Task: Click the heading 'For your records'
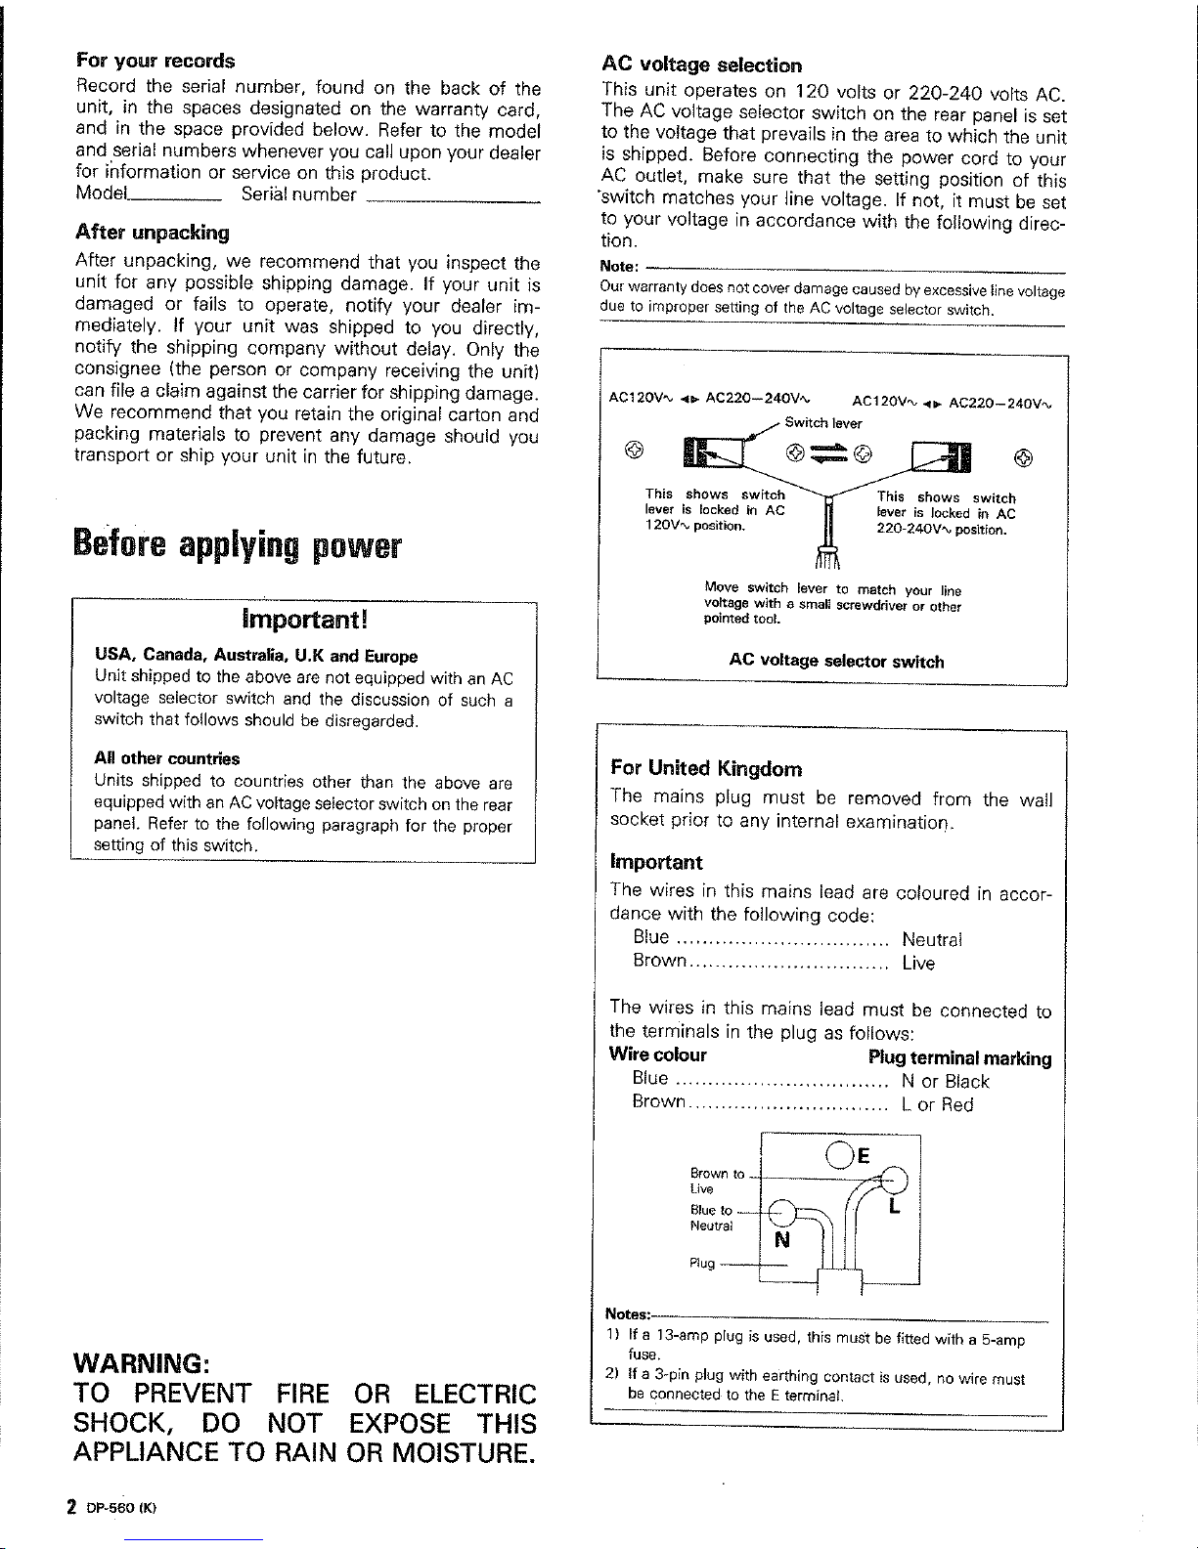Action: click(155, 61)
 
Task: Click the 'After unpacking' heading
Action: click(152, 233)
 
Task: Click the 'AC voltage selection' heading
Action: click(701, 65)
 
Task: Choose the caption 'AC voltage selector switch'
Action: click(836, 662)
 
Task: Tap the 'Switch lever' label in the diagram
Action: click(823, 423)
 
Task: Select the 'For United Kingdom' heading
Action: click(706, 768)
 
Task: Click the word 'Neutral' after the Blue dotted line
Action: click(932, 940)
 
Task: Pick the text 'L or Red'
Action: click(938, 1105)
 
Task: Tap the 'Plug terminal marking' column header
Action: click(959, 1058)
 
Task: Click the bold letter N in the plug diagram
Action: click(781, 1241)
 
